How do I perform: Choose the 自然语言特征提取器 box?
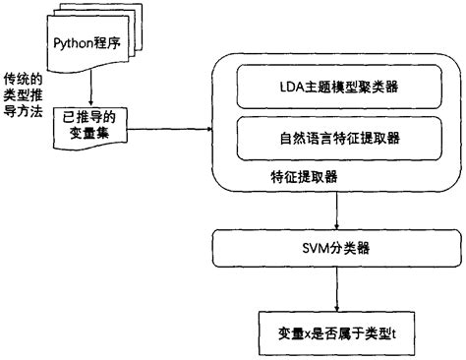pos(337,139)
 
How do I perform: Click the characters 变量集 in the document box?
pos(90,133)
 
